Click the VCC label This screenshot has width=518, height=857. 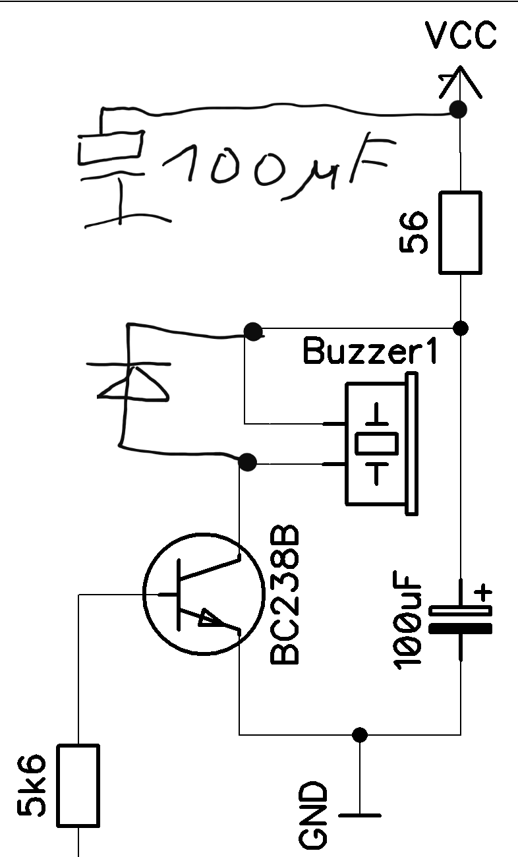pos(461,35)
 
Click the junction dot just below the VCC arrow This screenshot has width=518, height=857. pos(458,110)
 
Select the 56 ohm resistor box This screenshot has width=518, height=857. pos(460,233)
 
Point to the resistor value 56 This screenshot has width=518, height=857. pos(413,232)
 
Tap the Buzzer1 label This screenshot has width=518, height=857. pos(370,351)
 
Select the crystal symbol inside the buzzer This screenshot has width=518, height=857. pos(376,444)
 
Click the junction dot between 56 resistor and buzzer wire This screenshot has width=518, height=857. pos(460,328)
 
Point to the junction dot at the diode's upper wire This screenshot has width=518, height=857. pos(253,332)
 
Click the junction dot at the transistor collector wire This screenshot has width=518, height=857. pos(247,462)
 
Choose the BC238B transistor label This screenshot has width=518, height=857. pos(284,595)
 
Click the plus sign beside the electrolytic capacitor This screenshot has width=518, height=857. pos(483,593)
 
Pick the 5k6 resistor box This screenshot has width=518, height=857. pos(78,785)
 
